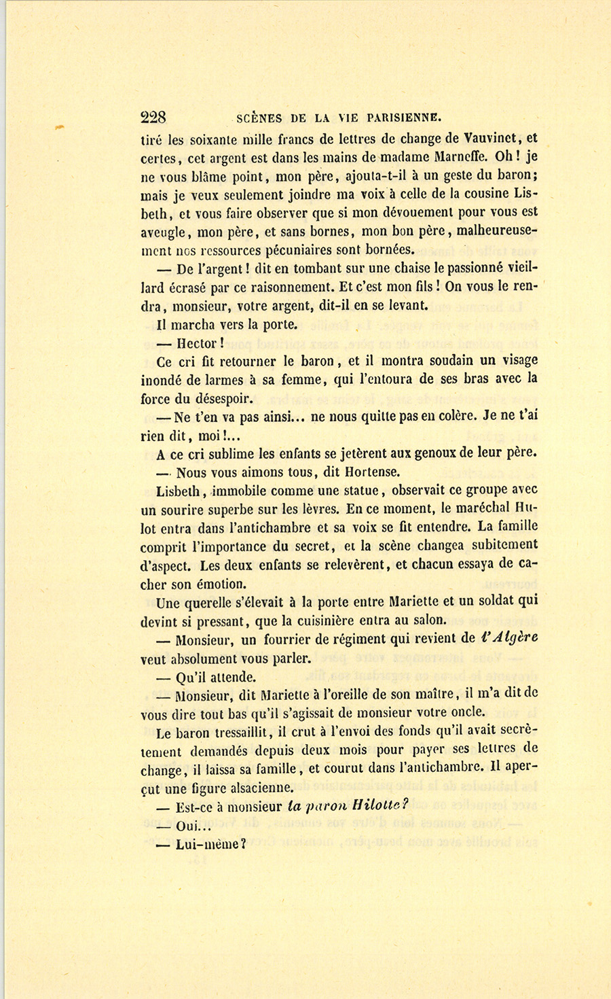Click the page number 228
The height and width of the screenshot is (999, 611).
point(153,117)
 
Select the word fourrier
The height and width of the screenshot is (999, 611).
point(294,639)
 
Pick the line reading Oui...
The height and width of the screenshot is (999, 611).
point(193,826)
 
